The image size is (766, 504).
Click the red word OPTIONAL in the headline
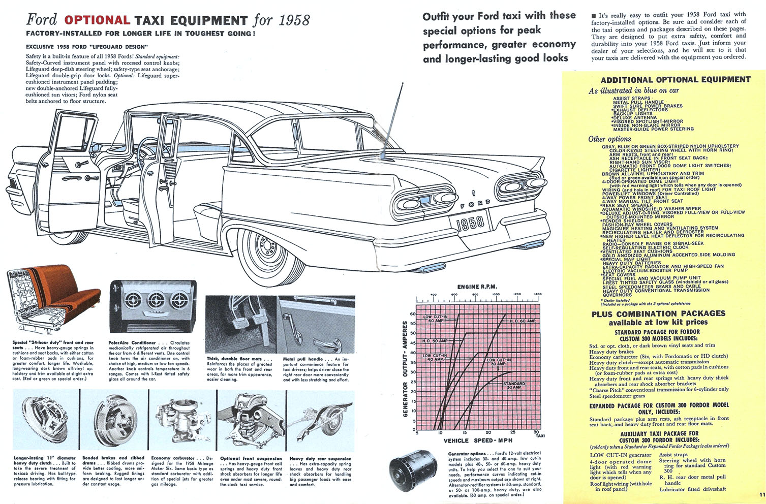[97, 20]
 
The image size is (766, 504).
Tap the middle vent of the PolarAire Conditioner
[154, 300]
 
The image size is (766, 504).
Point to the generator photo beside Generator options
[410, 475]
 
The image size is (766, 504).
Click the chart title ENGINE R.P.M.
[477, 287]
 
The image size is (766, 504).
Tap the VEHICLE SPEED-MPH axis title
[478, 440]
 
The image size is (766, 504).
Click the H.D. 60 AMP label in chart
[522, 321]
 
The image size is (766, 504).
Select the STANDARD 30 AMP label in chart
[514, 386]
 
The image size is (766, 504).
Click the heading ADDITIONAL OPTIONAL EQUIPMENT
[675, 80]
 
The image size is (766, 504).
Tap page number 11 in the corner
[761, 494]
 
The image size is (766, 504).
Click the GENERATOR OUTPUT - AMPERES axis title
[406, 371]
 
